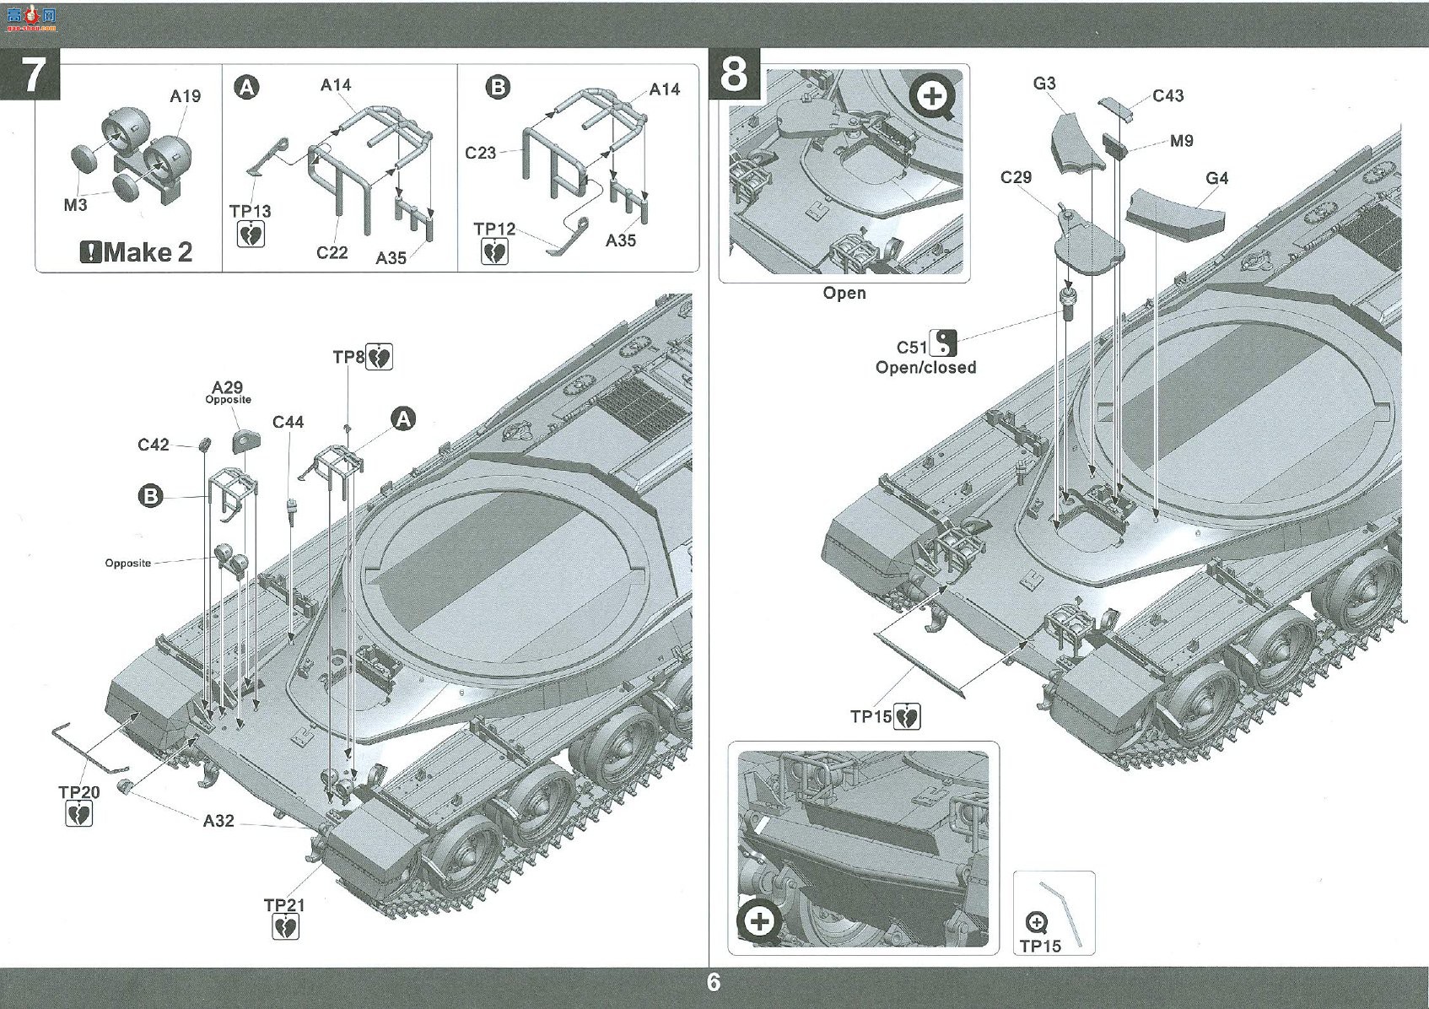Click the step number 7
pos(34,75)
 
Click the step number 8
pos(734,75)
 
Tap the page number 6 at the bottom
pos(714,981)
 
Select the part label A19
pos(185,96)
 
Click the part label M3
pos(75,206)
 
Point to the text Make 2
pos(148,253)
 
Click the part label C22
pos(332,253)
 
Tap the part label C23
pos(480,154)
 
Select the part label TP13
pos(250,211)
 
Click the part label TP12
pos(494,229)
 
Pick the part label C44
pos(288,422)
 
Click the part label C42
pos(154,445)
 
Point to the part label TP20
pos(79,792)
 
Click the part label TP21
pos(284,905)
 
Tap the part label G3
pos(1044,84)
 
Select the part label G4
pos(1216,179)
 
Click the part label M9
pos(1182,141)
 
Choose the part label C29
pos(1016,177)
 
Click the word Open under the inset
pos(844,294)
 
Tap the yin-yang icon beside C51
pos(943,343)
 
